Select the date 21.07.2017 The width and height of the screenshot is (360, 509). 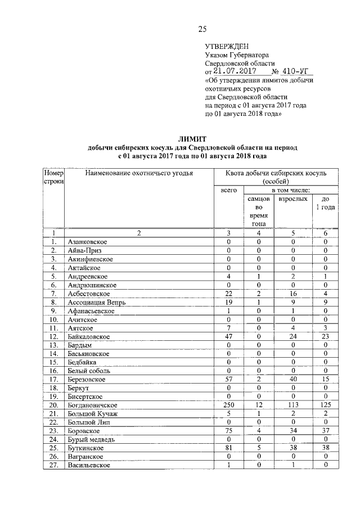point(235,71)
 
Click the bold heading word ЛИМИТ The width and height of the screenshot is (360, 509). point(192,138)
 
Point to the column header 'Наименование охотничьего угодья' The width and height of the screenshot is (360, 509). point(139,173)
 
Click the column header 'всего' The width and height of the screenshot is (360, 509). point(228,191)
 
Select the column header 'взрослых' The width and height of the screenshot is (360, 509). point(293,199)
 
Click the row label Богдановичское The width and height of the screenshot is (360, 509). point(93,405)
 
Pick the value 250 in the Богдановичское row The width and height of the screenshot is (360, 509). point(228,405)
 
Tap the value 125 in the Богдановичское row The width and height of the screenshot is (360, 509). point(325,405)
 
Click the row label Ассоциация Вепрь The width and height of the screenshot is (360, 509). point(96,302)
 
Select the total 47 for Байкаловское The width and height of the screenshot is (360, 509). point(228,336)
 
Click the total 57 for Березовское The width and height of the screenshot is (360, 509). point(228,380)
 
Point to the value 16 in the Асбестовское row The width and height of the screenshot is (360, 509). point(293,294)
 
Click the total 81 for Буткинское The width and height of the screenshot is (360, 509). point(228,448)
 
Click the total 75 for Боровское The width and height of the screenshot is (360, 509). point(228,431)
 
